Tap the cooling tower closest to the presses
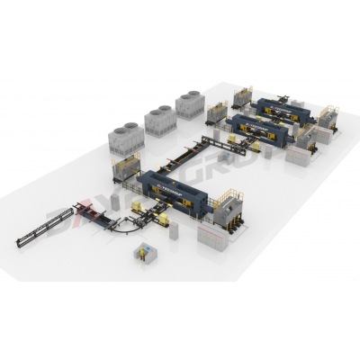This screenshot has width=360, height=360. pos(190,103)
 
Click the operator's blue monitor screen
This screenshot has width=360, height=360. pos(145,256)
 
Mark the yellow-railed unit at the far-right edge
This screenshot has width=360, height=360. pos(328,118)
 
